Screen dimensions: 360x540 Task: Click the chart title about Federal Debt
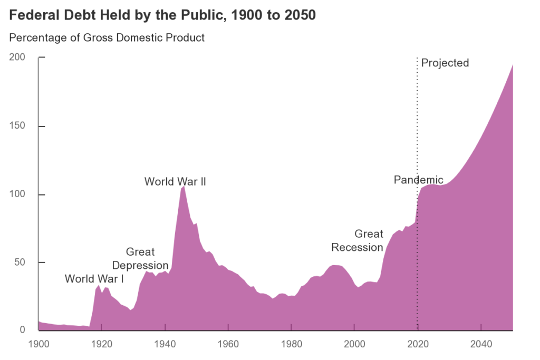coord(162,15)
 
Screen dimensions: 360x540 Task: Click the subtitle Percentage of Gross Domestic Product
coord(107,38)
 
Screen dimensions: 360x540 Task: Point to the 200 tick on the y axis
coord(17,57)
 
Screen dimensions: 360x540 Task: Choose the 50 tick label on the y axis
coord(20,262)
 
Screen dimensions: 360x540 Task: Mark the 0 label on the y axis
coord(22,330)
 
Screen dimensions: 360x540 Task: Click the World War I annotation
coord(94,279)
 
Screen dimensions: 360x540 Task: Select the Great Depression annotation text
coord(140,258)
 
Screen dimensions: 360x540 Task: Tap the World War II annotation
coord(175,182)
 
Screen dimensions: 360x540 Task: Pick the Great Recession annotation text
coord(357,240)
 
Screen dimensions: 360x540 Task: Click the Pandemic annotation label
coord(419,180)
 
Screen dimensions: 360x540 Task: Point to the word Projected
coord(445,63)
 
